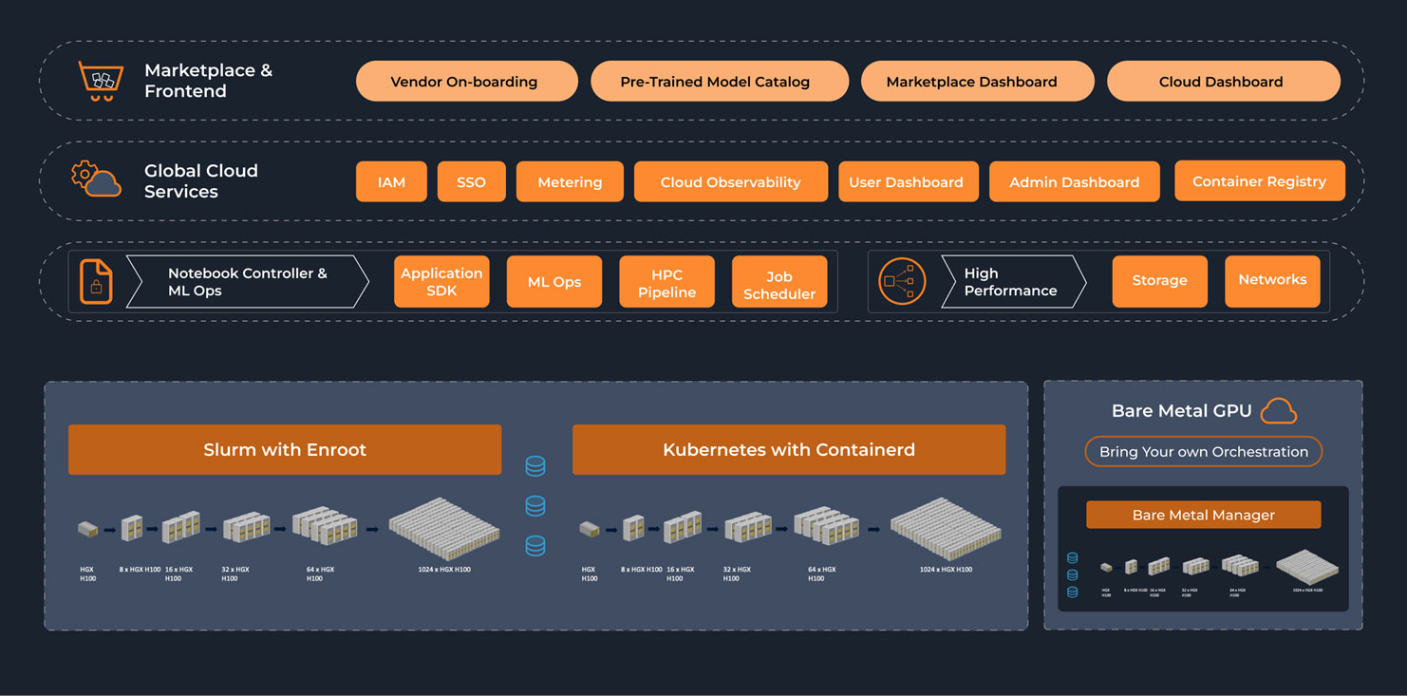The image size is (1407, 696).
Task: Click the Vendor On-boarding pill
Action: click(466, 82)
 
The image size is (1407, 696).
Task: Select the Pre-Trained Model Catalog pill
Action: click(719, 82)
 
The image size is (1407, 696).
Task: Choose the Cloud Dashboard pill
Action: click(1223, 82)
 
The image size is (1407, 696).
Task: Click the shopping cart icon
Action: click(101, 81)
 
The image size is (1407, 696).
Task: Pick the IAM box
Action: click(391, 181)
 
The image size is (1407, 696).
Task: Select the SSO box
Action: click(471, 181)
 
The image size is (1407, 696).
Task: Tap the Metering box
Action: click(570, 181)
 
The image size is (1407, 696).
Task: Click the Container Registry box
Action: click(1259, 180)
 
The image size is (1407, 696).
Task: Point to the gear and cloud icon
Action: click(96, 179)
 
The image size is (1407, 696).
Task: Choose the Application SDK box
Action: click(441, 281)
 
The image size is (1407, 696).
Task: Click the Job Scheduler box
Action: click(779, 282)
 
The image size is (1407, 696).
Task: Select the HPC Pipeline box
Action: click(666, 282)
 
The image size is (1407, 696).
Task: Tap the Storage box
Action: click(1159, 281)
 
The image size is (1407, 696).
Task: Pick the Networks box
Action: click(1272, 280)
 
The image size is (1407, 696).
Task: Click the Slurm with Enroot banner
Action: click(285, 449)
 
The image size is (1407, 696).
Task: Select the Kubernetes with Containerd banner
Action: click(788, 449)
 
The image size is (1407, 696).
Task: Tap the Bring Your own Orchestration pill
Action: click(1203, 451)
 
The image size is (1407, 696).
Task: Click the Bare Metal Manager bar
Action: click(1203, 515)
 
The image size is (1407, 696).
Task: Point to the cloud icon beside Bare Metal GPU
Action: click(1279, 411)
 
